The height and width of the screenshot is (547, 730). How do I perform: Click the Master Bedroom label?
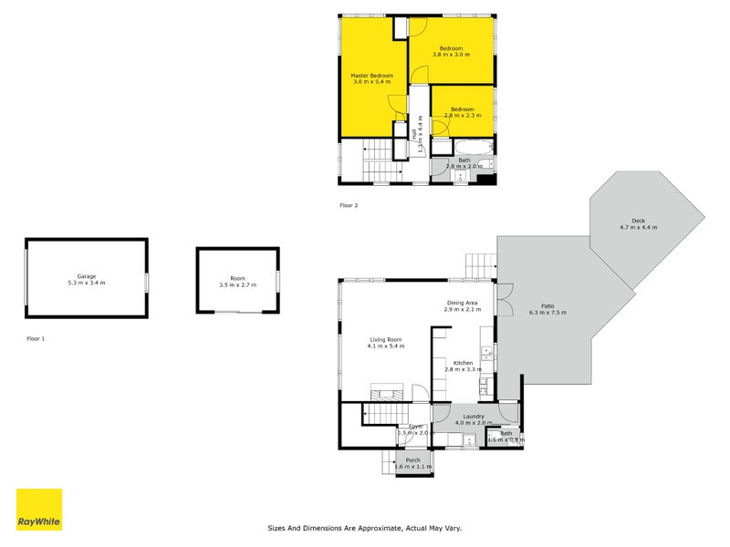point(372,75)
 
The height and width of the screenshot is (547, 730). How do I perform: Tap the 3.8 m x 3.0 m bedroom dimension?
point(452,55)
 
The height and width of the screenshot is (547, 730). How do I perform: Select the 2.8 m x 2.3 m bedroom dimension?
point(463,116)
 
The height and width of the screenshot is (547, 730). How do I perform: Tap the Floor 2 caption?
point(349,205)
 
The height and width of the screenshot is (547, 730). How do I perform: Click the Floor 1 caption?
point(36,338)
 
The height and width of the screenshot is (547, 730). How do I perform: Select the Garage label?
point(87,276)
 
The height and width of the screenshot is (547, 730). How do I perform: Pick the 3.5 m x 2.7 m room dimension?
point(237,285)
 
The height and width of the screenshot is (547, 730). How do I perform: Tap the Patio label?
point(547,305)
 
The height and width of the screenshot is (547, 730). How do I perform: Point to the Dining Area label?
point(463,303)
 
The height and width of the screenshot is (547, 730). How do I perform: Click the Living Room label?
point(385,339)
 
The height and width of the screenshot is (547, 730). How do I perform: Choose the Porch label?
point(412,460)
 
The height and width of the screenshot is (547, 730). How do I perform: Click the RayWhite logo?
point(39,510)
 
